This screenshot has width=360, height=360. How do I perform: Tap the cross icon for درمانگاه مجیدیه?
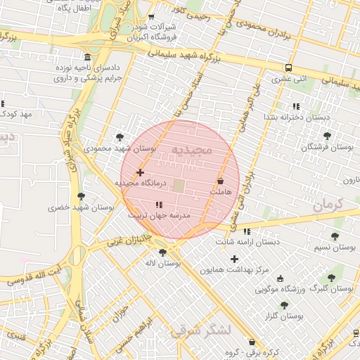tap(140, 172)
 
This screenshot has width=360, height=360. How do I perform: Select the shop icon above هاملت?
tap(220, 181)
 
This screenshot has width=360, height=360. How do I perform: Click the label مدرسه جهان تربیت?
tap(159, 217)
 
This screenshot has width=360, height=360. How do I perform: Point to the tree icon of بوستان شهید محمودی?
tap(119, 137)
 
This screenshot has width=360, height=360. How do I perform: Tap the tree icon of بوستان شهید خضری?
tap(81, 196)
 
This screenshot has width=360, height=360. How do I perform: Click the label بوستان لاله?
tap(163, 263)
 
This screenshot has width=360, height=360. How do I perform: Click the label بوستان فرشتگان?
tap(326, 147)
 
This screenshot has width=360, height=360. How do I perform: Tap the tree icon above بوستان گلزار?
tap(284, 305)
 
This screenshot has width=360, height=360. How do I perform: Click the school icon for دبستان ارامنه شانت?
tap(246, 231)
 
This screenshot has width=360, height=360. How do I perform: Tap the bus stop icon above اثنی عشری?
tap(289, 68)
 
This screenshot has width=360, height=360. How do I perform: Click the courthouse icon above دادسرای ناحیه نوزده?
tap(87, 57)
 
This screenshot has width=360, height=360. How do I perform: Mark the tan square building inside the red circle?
tap(179, 186)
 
